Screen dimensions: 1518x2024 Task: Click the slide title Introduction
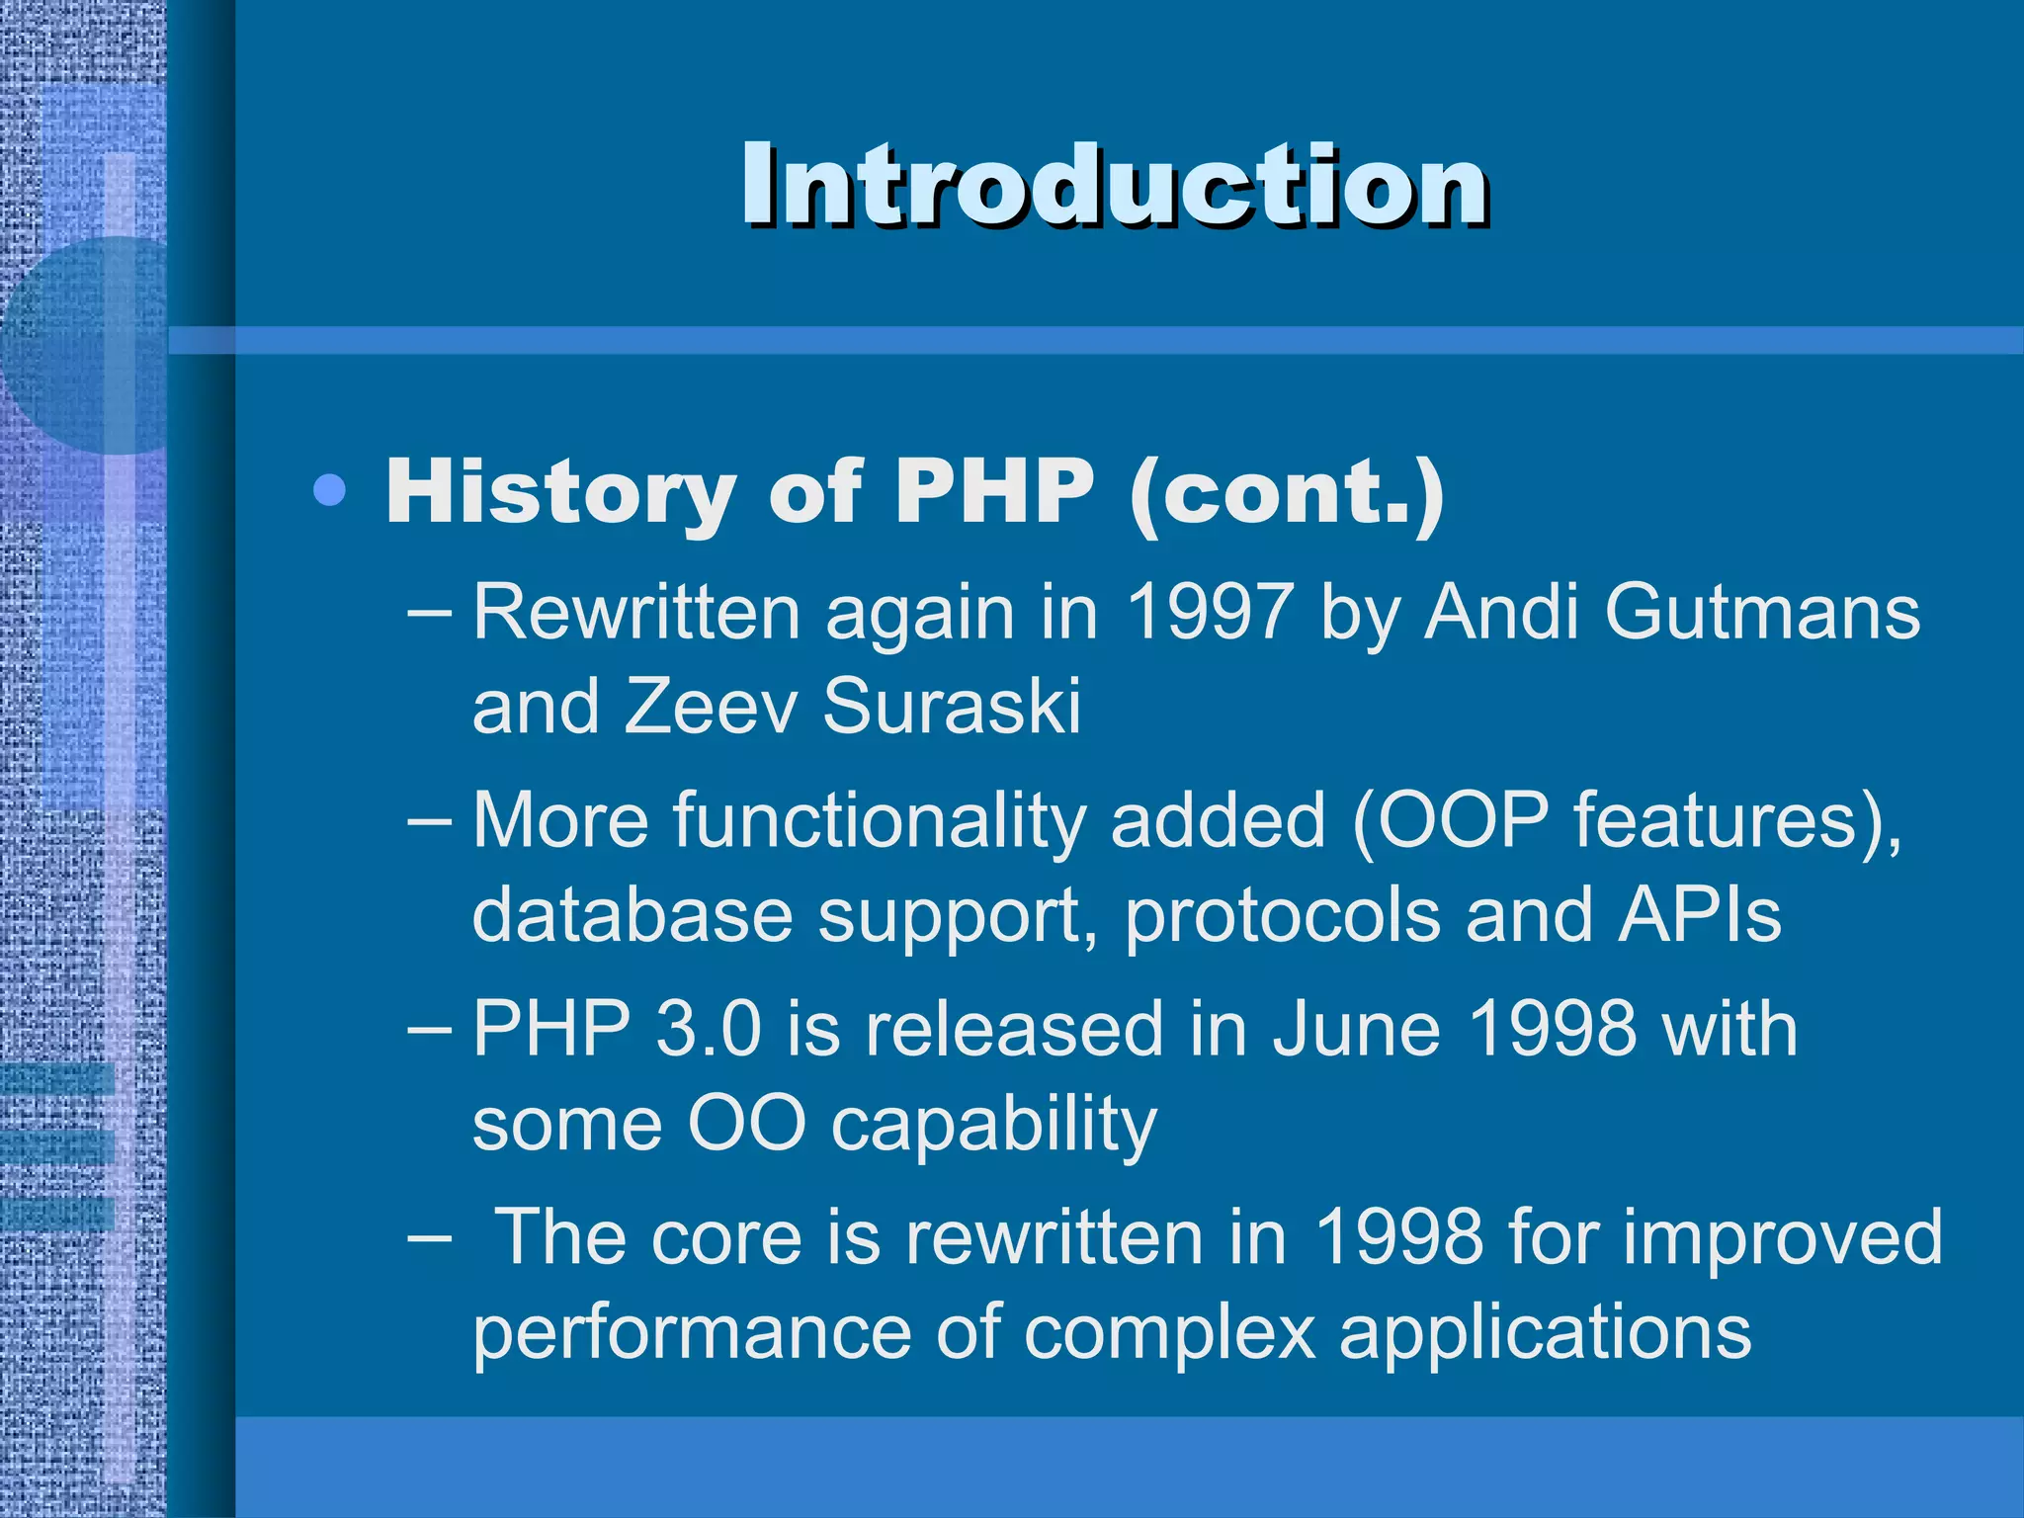pyautogui.click(x=1115, y=185)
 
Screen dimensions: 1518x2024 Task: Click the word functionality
pyautogui.click(x=879, y=820)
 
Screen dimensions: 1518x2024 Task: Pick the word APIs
pyautogui.click(x=1699, y=915)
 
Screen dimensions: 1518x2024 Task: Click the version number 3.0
pyautogui.click(x=708, y=1029)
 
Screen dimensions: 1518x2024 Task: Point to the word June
pyautogui.click(x=1356, y=1029)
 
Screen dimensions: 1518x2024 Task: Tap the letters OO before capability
pyautogui.click(x=747, y=1124)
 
